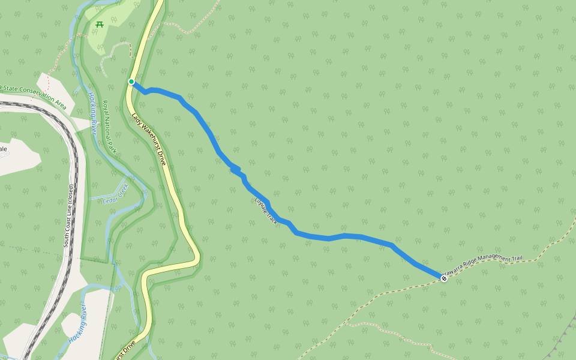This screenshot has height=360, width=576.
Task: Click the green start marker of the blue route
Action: (131, 82)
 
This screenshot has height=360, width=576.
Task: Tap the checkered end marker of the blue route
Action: (444, 278)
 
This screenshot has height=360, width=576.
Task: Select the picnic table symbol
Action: (100, 25)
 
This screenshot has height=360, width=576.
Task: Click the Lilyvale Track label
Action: (266, 211)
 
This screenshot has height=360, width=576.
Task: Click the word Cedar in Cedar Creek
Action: (110, 200)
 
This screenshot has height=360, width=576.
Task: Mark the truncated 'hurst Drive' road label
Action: (125, 349)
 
